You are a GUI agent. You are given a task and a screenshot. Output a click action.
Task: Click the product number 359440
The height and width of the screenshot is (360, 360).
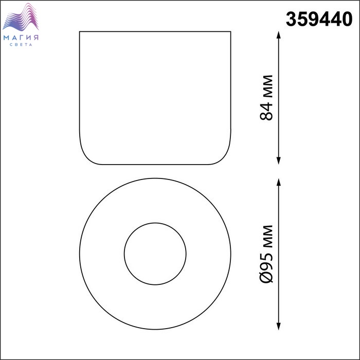coord(319,19)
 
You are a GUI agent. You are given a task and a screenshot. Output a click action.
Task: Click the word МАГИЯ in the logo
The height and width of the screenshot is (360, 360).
coord(21,38)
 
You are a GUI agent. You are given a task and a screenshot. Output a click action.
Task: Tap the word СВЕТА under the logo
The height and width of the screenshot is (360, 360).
coord(21,45)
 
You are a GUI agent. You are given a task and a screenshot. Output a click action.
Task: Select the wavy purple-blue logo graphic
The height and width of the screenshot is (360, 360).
coord(21,17)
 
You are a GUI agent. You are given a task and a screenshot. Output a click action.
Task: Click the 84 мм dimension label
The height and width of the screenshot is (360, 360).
coord(266,98)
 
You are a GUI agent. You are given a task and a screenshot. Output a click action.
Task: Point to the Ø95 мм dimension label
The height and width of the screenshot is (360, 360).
coord(266,254)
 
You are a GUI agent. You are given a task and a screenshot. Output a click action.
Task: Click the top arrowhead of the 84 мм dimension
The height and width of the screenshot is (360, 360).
coord(279,34)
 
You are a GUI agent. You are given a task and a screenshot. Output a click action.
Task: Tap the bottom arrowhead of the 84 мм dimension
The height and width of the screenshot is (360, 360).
coord(279,161)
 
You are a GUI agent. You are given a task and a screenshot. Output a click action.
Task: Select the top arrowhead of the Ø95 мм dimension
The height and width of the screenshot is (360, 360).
coord(279,182)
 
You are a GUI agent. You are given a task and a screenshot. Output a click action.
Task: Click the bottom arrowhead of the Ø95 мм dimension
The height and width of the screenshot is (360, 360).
coord(279,326)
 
